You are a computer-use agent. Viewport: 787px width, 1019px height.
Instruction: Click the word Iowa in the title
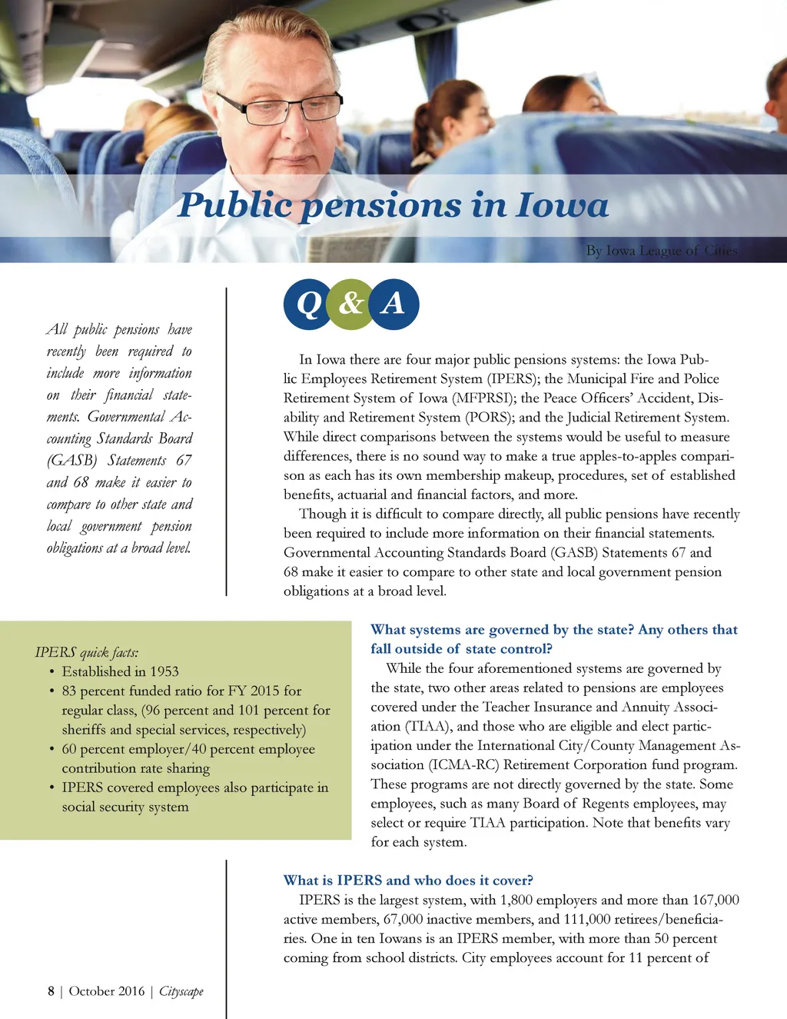(x=562, y=205)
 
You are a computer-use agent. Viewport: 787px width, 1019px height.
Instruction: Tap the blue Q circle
(x=308, y=304)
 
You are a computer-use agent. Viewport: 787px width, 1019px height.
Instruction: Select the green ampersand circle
(x=350, y=304)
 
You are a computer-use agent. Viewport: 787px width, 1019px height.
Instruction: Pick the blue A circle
(x=393, y=304)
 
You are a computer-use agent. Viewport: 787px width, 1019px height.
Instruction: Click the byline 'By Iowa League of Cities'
(x=661, y=250)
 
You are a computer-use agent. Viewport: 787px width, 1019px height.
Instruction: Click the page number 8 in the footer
(x=51, y=991)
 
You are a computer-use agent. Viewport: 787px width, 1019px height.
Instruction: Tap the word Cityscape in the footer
(x=181, y=991)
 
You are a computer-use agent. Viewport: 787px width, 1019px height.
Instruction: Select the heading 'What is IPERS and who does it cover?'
(x=408, y=880)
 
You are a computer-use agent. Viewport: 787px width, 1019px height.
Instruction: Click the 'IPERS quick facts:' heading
(x=87, y=652)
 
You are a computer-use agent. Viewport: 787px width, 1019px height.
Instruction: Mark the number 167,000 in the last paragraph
(x=716, y=900)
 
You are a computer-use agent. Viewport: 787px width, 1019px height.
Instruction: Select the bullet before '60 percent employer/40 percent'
(x=51, y=749)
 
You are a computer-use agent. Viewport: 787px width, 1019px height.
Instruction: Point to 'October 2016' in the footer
(x=107, y=991)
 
